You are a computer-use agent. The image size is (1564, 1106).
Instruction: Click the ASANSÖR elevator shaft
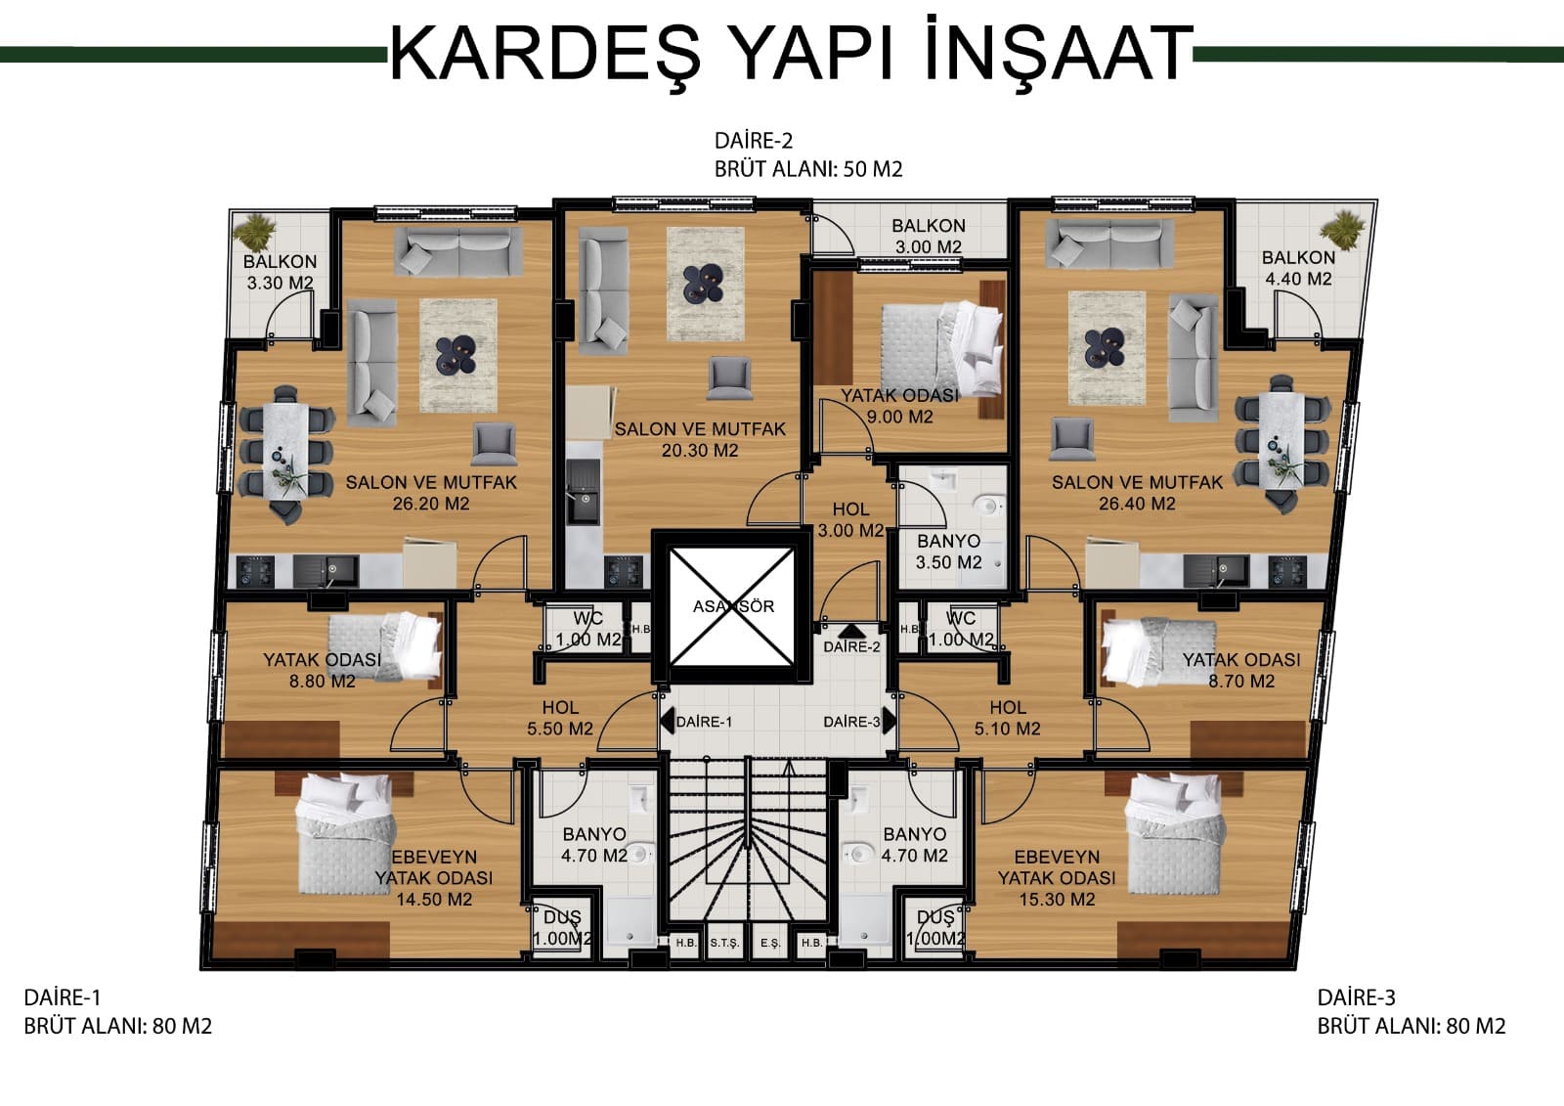(x=732, y=606)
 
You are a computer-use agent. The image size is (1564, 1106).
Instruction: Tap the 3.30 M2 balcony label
(x=280, y=272)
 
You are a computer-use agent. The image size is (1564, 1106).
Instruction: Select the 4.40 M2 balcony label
(x=1298, y=268)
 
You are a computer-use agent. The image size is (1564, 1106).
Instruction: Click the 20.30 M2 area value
(x=700, y=451)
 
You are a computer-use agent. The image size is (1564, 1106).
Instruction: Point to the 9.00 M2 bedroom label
(x=899, y=406)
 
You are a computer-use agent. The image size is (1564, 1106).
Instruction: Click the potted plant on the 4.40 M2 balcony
(x=1341, y=229)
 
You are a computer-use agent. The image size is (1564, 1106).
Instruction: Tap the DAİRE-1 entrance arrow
(x=667, y=721)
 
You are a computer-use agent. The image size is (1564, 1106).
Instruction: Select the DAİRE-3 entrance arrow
(x=889, y=721)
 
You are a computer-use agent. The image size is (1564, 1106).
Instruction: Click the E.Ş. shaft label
(x=770, y=944)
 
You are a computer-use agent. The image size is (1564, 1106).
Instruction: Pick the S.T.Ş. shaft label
(x=724, y=944)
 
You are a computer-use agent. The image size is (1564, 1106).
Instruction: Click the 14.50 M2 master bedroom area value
(x=434, y=900)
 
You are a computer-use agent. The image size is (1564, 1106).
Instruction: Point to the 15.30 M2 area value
(x=1057, y=900)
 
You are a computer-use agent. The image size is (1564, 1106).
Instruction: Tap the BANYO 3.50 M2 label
(x=949, y=552)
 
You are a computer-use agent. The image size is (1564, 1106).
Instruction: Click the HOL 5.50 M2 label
(x=560, y=718)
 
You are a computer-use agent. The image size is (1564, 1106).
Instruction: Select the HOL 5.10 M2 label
(x=1008, y=718)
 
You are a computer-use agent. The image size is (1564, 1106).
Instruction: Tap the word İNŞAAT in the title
(x=1059, y=50)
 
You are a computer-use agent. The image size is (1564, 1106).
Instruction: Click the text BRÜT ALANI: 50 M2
(x=808, y=169)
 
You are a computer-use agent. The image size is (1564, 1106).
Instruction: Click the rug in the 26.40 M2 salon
(x=1108, y=348)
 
